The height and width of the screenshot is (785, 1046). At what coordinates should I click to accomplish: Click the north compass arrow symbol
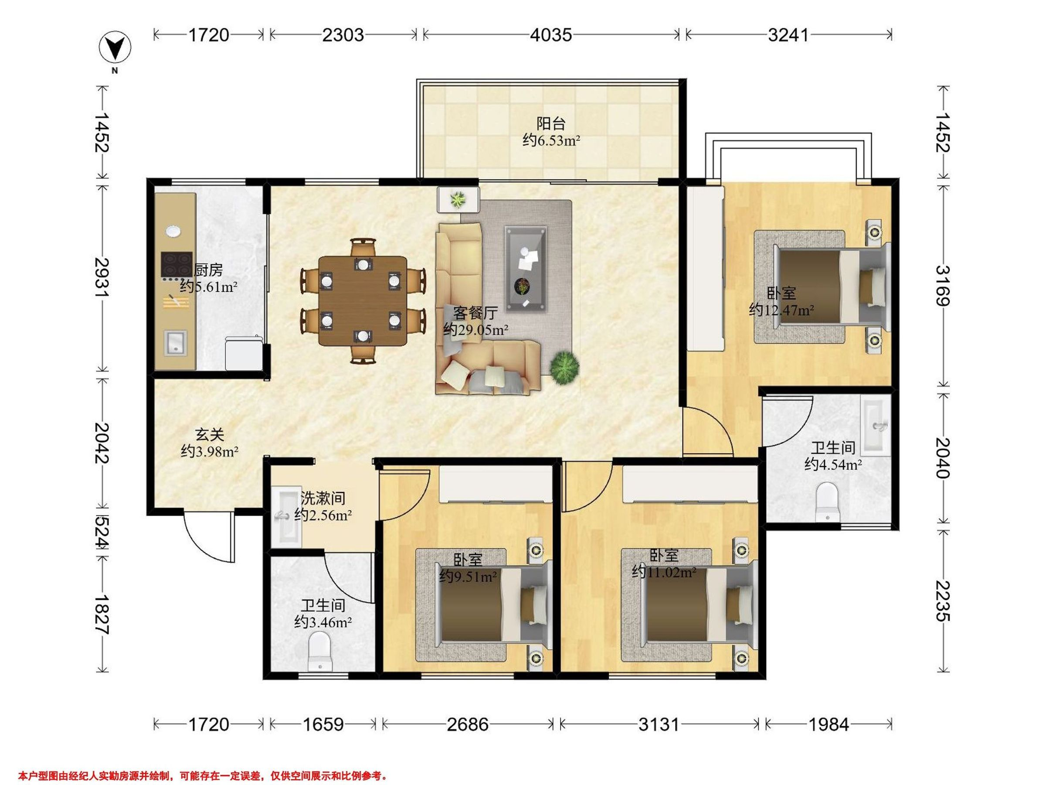tap(115, 48)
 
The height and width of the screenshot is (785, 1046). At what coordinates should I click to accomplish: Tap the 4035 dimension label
tap(551, 35)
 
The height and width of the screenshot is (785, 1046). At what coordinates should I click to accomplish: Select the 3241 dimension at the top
tap(789, 35)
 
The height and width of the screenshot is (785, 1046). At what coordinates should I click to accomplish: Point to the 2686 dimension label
tap(468, 724)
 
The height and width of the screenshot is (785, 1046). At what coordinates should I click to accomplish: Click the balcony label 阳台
tap(551, 124)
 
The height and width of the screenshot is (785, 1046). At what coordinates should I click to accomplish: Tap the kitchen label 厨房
tap(208, 270)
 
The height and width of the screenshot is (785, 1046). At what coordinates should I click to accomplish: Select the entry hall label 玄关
tap(210, 435)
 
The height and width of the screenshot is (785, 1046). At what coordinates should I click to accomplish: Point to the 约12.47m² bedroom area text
tap(781, 310)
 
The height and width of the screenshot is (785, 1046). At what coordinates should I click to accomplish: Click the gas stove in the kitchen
tap(177, 264)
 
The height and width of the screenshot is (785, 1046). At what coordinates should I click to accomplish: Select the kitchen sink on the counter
tap(175, 343)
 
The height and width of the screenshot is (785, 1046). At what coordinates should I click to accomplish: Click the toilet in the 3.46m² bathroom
tap(320, 652)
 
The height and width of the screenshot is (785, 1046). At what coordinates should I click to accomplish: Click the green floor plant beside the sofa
tap(564, 367)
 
